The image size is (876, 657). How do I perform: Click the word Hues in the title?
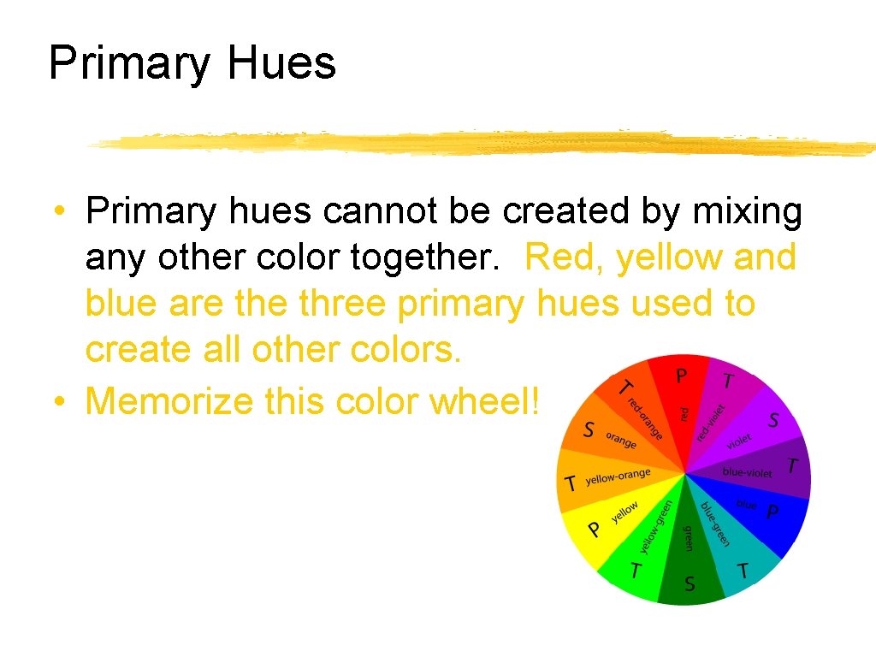(281, 63)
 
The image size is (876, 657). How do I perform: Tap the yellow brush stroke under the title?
(479, 144)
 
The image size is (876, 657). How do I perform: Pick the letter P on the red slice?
(682, 376)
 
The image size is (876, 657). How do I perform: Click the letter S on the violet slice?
(773, 420)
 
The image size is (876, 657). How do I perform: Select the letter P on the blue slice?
(772, 512)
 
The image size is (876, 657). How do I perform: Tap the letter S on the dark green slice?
(689, 585)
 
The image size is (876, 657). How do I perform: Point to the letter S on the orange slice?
(589, 429)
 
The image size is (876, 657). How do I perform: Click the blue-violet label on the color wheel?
(747, 472)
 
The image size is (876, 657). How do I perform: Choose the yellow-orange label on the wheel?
(619, 477)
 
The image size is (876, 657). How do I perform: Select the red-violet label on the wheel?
(711, 422)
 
